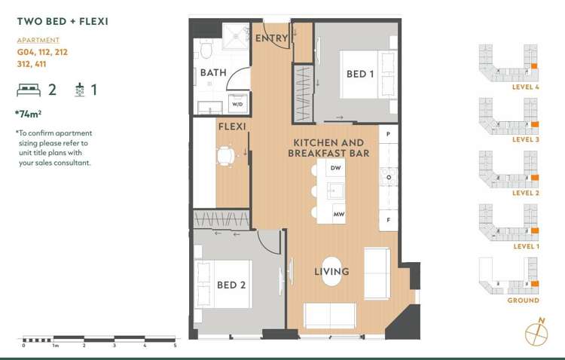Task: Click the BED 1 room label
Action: (360, 74)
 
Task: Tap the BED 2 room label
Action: (231, 285)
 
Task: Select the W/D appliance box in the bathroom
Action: (238, 103)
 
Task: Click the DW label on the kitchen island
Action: (335, 168)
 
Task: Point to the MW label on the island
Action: (339, 214)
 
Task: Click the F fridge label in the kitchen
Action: (389, 220)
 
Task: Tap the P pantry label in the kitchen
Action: (389, 134)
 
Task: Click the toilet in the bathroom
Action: (206, 48)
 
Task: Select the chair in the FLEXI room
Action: (225, 156)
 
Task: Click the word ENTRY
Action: (272, 38)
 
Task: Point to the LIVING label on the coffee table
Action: (331, 271)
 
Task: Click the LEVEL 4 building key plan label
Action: (526, 87)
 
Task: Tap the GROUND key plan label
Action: (524, 301)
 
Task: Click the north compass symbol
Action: (536, 333)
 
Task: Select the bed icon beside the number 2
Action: (29, 90)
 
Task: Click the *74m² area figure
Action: (28, 114)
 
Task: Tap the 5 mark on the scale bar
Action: (175, 346)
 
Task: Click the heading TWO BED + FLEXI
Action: (63, 21)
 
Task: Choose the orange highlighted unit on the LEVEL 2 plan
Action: (535, 178)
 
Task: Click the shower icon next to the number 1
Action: (80, 90)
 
